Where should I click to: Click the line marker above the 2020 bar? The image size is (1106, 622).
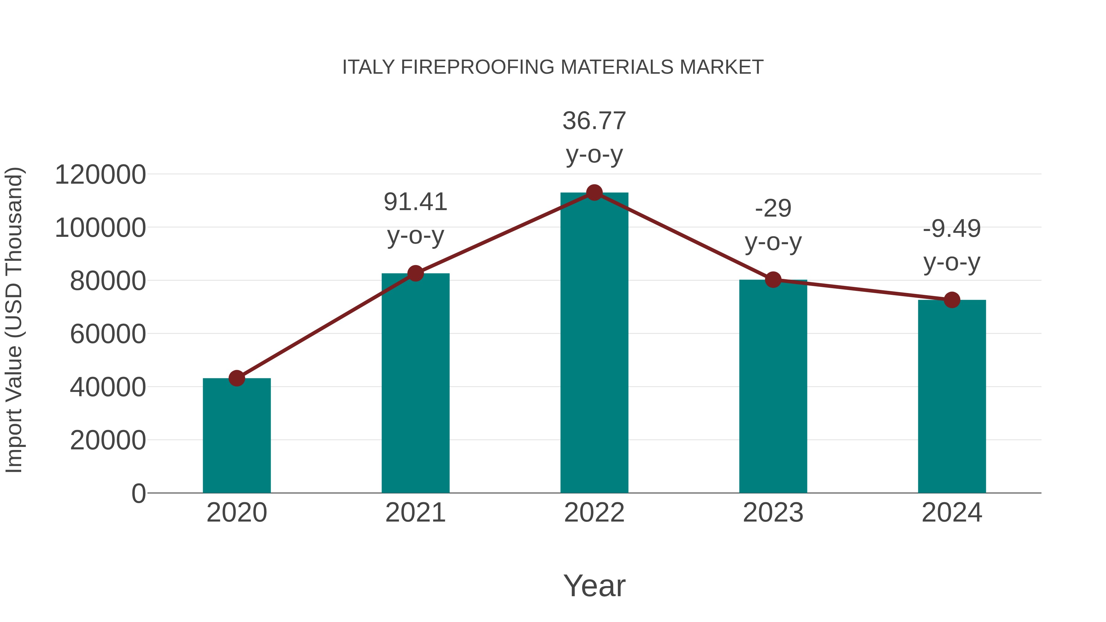pyautogui.click(x=237, y=378)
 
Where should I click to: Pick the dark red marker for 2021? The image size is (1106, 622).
pyautogui.click(x=415, y=273)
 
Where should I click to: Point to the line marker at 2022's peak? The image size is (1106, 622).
pyautogui.click(x=594, y=193)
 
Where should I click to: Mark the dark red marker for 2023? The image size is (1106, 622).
pyautogui.click(x=773, y=280)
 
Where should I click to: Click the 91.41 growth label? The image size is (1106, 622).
pyautogui.click(x=415, y=202)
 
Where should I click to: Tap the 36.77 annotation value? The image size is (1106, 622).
pyautogui.click(x=594, y=121)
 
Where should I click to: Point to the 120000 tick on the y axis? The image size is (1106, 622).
pyautogui.click(x=100, y=175)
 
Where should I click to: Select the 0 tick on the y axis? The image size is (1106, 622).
pyautogui.click(x=138, y=493)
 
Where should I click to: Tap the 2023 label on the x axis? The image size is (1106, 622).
pyautogui.click(x=773, y=513)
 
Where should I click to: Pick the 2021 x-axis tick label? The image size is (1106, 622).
pyautogui.click(x=415, y=513)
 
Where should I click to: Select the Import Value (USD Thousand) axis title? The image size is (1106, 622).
pyautogui.click(x=14, y=320)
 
